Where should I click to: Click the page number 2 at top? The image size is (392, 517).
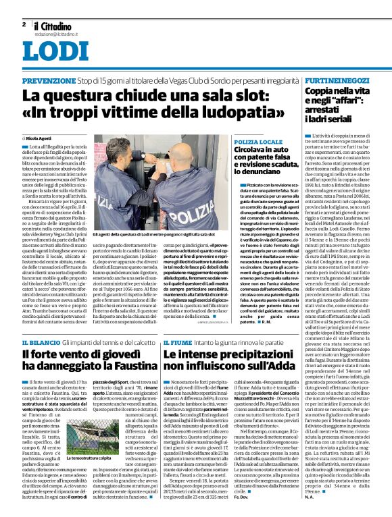pyautogui.click(x=24, y=24)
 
